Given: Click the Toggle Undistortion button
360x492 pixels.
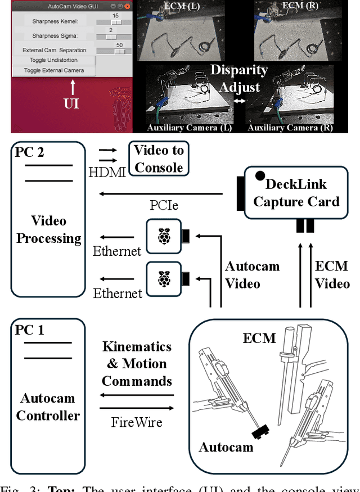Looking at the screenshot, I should pyautogui.click(x=54, y=60).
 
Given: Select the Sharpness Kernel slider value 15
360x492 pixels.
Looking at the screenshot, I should pyautogui.click(x=115, y=16).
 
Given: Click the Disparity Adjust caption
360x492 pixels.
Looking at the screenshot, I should pyautogui.click(x=240, y=79).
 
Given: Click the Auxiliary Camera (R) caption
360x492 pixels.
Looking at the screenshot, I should pyautogui.click(x=290, y=128).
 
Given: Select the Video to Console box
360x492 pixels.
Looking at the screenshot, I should pyautogui.click(x=159, y=159).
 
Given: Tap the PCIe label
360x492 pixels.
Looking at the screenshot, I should pyautogui.click(x=164, y=205).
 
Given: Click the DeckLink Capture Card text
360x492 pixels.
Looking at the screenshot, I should pyautogui.click(x=296, y=193).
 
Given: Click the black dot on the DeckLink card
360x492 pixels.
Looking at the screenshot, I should pyautogui.click(x=260, y=175).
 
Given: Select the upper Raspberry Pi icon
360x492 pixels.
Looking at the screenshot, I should pyautogui.click(x=164, y=236).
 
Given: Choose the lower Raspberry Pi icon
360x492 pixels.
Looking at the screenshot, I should pyautogui.click(x=164, y=278).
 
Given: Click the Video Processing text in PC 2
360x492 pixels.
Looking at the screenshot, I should pyautogui.click(x=48, y=229).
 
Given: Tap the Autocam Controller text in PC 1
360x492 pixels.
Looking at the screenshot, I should pyautogui.click(x=48, y=407).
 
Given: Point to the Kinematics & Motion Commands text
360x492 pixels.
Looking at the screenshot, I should pyautogui.click(x=137, y=364).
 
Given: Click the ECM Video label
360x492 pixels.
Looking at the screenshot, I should pyautogui.click(x=332, y=275).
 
